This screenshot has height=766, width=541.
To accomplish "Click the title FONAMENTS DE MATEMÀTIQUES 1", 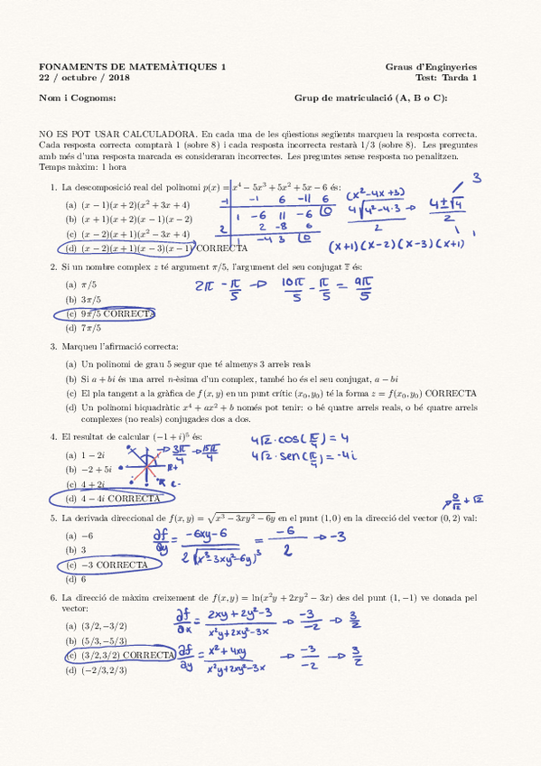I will [133, 67].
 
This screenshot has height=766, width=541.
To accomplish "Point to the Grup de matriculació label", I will [371, 98].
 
